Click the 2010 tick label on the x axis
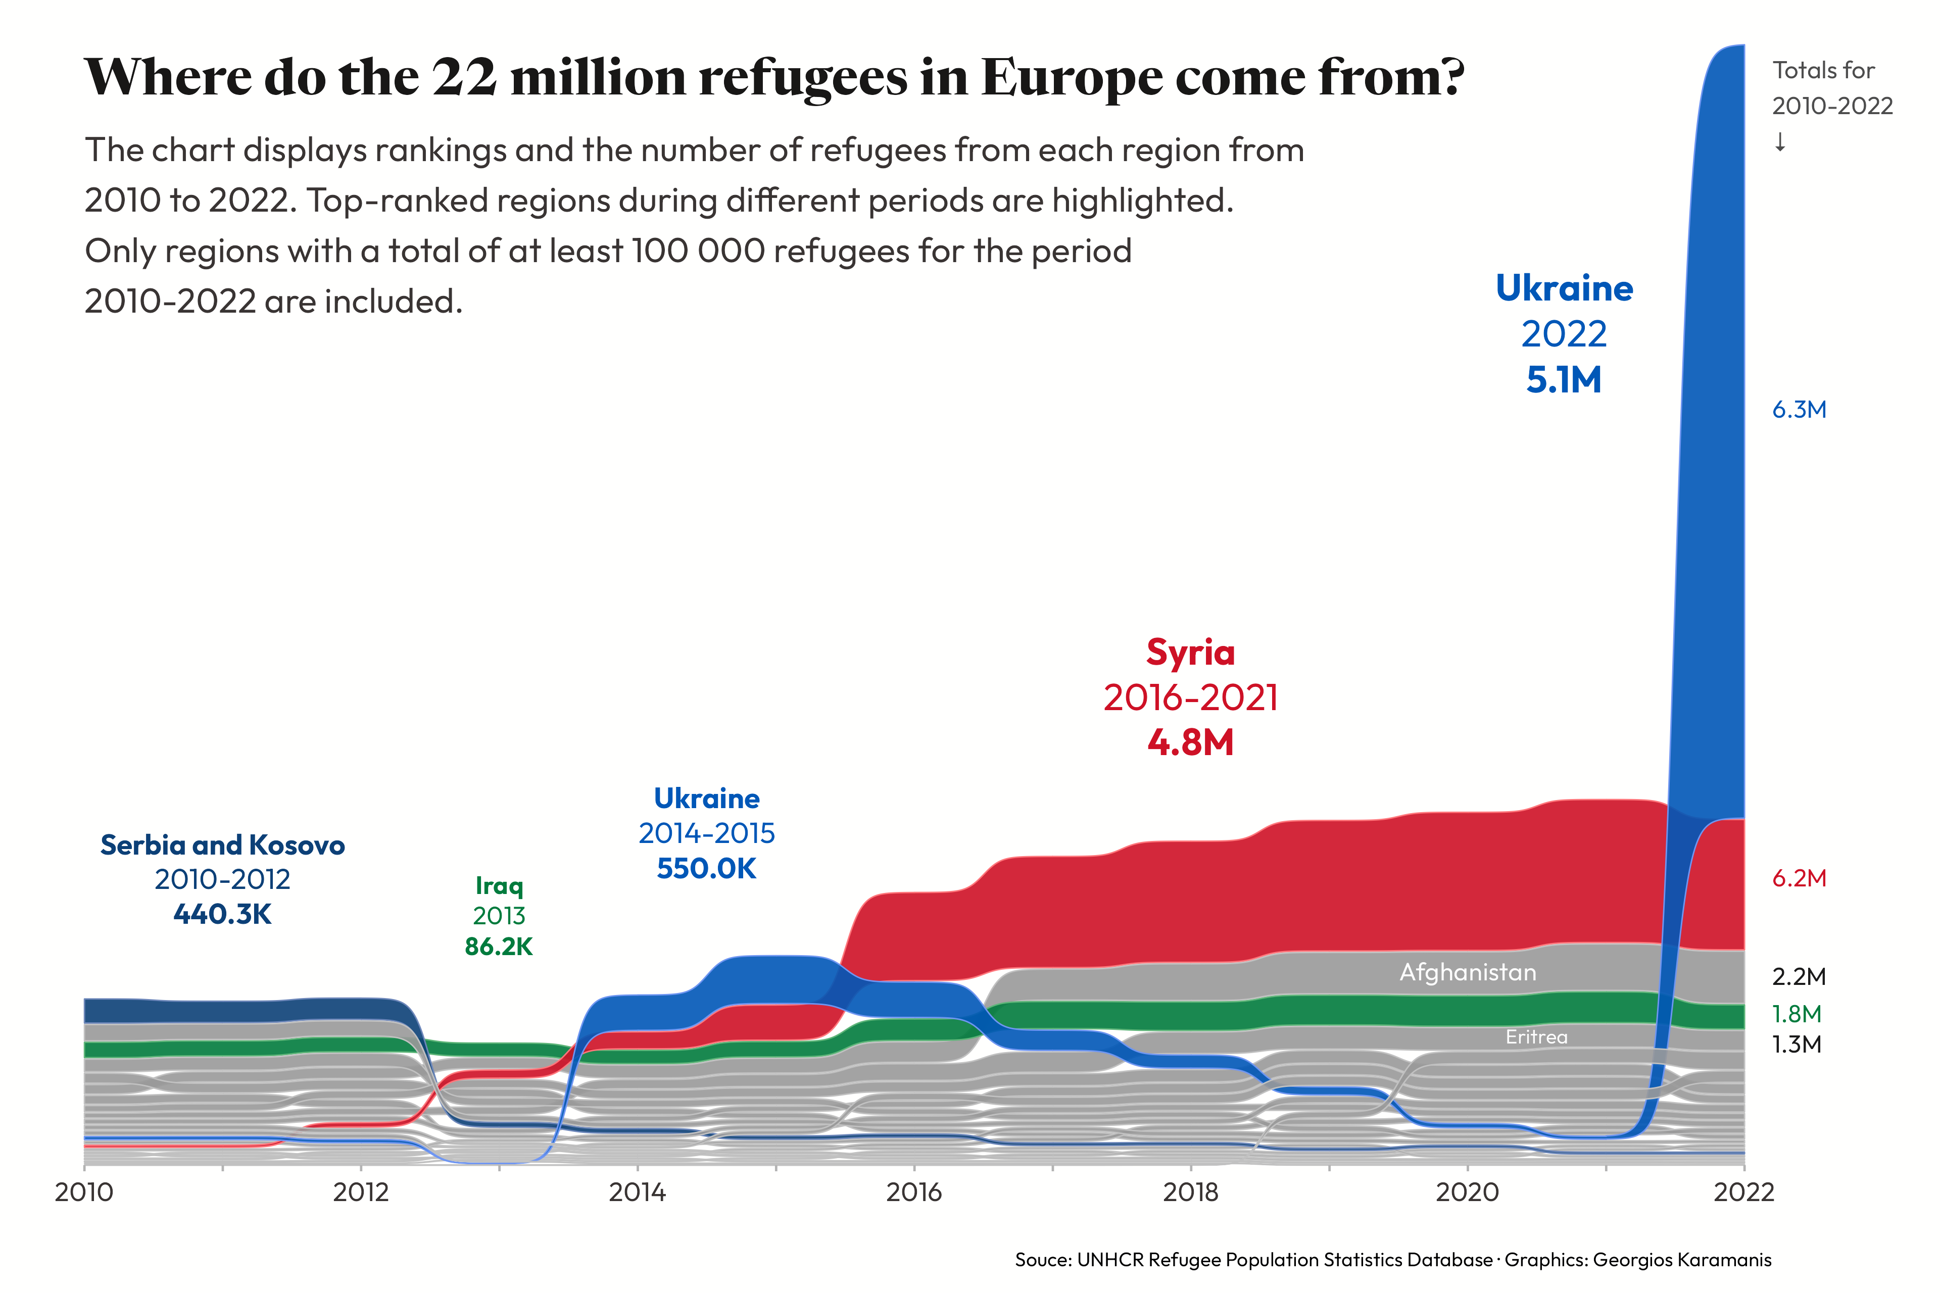(x=84, y=1192)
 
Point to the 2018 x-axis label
(x=1190, y=1192)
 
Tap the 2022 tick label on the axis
(x=1743, y=1192)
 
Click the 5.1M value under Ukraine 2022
(x=1563, y=380)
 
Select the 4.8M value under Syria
(x=1190, y=743)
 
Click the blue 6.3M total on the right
(x=1799, y=410)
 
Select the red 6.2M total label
(x=1799, y=878)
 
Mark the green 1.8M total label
(x=1797, y=1014)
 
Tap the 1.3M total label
(x=1797, y=1045)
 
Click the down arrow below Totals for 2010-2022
(x=1780, y=142)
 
